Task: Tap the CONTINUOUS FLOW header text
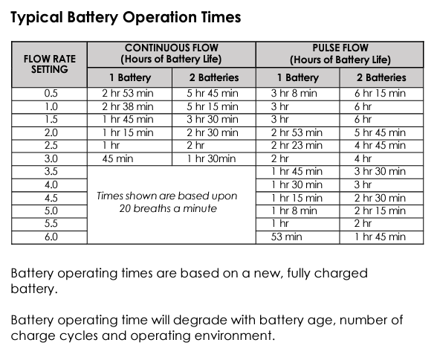coord(172,47)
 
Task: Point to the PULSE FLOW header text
coord(340,47)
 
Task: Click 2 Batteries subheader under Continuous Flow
coord(213,77)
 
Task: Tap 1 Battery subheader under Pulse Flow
coord(297,77)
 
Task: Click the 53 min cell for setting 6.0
coord(287,237)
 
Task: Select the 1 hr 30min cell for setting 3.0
coord(211,158)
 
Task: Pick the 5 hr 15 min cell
coord(212,106)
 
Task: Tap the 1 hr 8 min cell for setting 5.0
coord(296,210)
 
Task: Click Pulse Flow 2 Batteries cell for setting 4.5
coord(379,197)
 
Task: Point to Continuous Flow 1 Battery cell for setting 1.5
coord(127,119)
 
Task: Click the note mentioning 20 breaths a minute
coord(167,202)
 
